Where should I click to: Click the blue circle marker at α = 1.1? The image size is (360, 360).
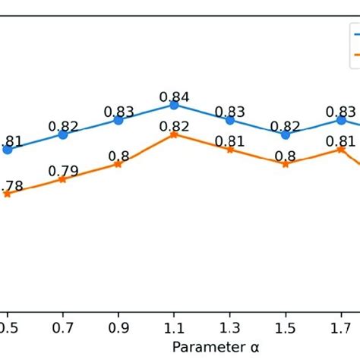point(174,105)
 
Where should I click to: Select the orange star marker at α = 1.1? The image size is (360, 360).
point(174,134)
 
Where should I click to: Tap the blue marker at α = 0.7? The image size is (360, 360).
point(63,134)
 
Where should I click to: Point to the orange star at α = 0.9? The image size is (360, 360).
point(118,164)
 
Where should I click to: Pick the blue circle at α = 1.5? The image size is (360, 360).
point(286,134)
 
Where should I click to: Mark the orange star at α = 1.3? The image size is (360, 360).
point(230,150)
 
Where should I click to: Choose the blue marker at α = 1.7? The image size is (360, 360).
point(341,120)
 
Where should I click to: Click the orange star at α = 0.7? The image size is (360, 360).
point(63,179)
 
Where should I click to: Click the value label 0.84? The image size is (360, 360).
point(174,96)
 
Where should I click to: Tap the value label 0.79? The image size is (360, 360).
point(63,171)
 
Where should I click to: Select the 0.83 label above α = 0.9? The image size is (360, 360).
point(118,112)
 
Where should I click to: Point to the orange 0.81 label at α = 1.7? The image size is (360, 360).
point(341,141)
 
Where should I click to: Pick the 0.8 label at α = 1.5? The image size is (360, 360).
point(286,156)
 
